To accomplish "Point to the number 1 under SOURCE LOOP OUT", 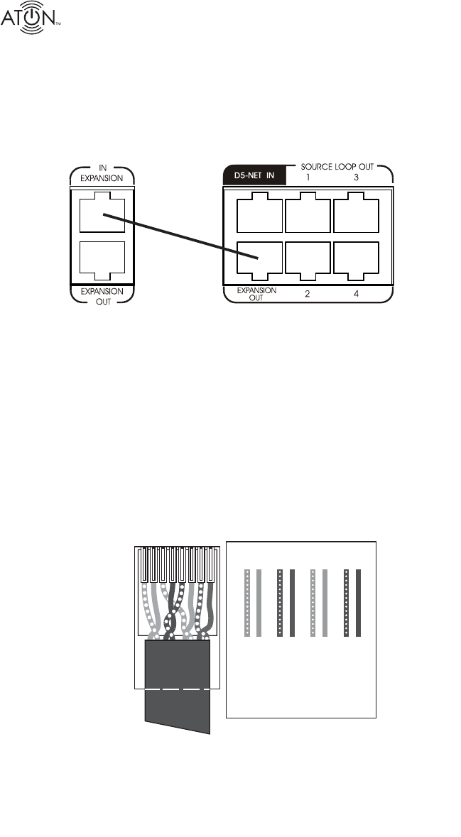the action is pos(308,176).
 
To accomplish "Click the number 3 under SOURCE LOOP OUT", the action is pos(355,176).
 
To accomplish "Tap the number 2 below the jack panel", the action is pos(308,292).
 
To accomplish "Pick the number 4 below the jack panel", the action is pos(355,292).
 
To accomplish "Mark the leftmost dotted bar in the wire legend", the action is pos(246,602).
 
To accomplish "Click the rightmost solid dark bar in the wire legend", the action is pos(359,602).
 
